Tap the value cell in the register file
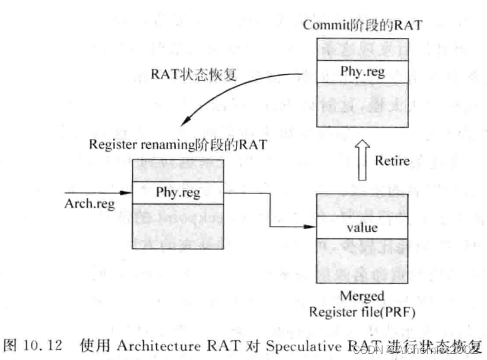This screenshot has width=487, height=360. (x=362, y=228)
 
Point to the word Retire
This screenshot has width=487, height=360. (x=392, y=162)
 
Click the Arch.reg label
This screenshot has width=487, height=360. (x=90, y=204)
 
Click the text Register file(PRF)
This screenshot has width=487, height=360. (x=362, y=311)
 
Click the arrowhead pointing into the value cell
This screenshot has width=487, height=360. (x=311, y=228)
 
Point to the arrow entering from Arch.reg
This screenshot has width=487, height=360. (x=98, y=193)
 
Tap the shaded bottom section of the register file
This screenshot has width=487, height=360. (x=362, y=262)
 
